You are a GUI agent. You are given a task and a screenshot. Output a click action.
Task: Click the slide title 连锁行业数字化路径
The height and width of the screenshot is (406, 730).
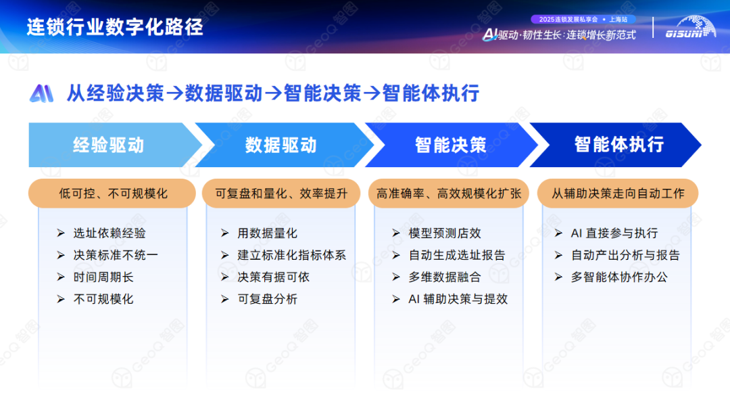(115, 27)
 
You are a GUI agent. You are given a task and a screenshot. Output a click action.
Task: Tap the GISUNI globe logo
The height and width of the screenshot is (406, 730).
(691, 27)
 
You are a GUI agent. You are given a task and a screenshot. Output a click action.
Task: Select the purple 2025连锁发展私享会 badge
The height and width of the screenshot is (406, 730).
(583, 20)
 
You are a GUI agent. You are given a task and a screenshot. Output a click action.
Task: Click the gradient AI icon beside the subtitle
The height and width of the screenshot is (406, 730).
(41, 93)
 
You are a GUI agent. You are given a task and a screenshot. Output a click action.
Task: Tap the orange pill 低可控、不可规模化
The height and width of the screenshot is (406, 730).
(112, 194)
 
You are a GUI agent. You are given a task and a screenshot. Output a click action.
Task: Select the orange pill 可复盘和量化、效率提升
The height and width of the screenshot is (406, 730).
(281, 194)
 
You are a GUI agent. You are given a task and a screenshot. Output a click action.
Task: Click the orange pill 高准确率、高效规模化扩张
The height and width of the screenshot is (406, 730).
(449, 194)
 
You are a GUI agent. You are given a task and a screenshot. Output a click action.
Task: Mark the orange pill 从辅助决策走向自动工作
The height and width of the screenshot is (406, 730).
(618, 194)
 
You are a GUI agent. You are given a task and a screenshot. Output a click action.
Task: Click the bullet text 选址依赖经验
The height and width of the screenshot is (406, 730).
(109, 233)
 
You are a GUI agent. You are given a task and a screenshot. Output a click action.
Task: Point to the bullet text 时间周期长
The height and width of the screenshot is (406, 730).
(103, 277)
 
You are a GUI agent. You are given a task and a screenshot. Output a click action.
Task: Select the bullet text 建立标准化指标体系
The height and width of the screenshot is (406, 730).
(292, 255)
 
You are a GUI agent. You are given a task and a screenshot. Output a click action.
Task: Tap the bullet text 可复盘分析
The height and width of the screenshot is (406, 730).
(267, 299)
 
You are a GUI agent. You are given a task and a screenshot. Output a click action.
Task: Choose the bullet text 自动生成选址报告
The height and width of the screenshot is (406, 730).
(457, 255)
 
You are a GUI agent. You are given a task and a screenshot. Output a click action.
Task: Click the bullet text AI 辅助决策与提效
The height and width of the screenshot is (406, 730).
(458, 299)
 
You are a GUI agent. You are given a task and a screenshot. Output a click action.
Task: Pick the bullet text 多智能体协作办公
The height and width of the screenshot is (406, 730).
(619, 277)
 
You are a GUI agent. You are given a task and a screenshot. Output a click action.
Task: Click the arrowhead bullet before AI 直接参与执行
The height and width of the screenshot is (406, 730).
(559, 233)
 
